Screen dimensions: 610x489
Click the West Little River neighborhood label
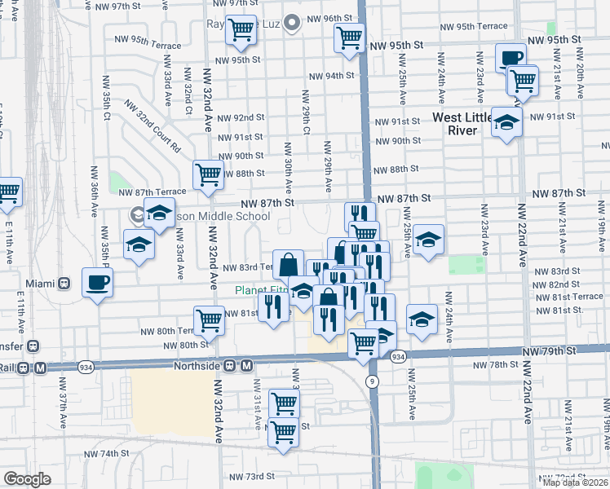pyautogui.click(x=464, y=124)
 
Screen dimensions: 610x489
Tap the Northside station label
pyautogui.click(x=197, y=366)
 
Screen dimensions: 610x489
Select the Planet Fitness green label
pyautogui.click(x=263, y=290)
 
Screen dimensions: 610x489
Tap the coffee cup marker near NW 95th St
pyautogui.click(x=511, y=58)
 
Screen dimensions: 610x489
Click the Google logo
pyautogui.click(x=27, y=478)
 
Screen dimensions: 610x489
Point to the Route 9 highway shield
pyautogui.click(x=372, y=381)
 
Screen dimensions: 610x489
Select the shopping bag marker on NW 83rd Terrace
pyautogui.click(x=288, y=264)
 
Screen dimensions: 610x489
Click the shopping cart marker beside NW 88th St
pyautogui.click(x=208, y=174)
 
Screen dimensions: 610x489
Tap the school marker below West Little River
pyautogui.click(x=506, y=122)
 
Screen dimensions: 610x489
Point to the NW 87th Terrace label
pyautogui.click(x=152, y=192)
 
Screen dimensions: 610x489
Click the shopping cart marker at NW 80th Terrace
pyautogui.click(x=209, y=320)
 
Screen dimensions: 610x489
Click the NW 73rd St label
pyautogui.click(x=251, y=476)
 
